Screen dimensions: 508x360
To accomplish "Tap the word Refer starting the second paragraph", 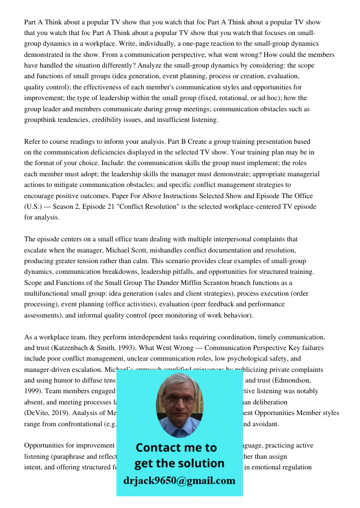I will click(x=33, y=142).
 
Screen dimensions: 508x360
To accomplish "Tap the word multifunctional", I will click(x=50, y=294).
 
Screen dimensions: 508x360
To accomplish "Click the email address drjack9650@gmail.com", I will click(x=179, y=480).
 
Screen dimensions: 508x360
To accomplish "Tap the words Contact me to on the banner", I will click(x=176, y=448).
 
